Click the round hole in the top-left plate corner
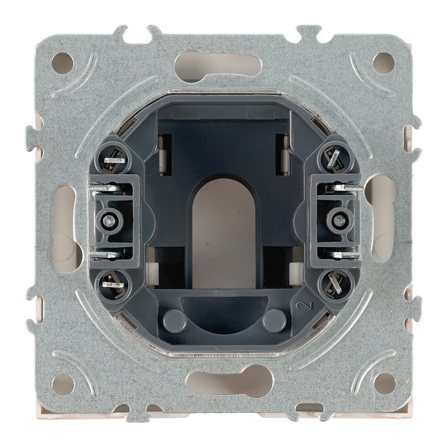[63, 63]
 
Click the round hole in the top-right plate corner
[384, 63]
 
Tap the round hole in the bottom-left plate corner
[63, 384]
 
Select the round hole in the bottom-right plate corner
[384, 384]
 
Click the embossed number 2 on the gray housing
[301, 307]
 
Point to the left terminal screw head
[109, 220]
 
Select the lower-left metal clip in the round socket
[113, 284]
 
